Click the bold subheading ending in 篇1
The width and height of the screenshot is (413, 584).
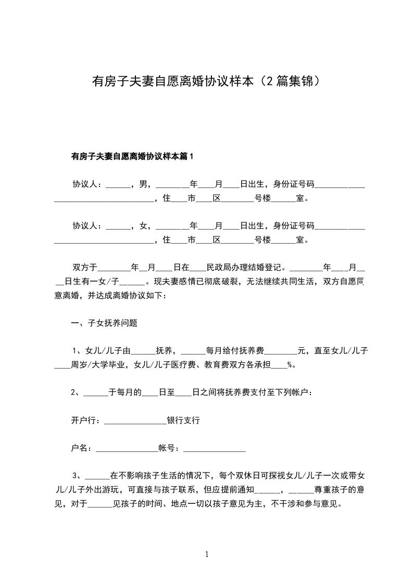tap(132, 156)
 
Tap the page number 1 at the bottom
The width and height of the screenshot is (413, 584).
tap(207, 554)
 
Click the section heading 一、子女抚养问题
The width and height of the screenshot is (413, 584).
tap(104, 323)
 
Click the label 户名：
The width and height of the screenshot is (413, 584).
tap(83, 448)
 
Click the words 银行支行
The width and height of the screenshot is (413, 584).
tap(183, 420)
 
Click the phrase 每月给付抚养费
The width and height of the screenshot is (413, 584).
tap(236, 351)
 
